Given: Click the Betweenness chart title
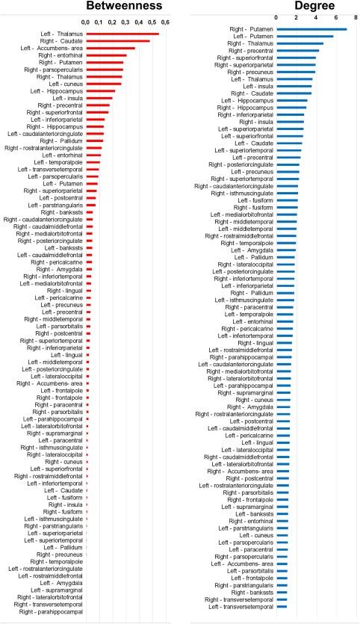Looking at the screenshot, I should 124,7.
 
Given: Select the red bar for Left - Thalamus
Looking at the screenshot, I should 122,34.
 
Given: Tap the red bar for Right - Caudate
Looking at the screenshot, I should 118,40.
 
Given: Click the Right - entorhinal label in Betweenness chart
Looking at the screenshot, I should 60,55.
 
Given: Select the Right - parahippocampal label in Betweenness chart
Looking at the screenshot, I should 52,612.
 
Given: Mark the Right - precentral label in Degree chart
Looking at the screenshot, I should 251,50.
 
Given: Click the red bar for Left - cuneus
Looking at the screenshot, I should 103,84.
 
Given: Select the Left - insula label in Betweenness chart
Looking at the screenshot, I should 65,98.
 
